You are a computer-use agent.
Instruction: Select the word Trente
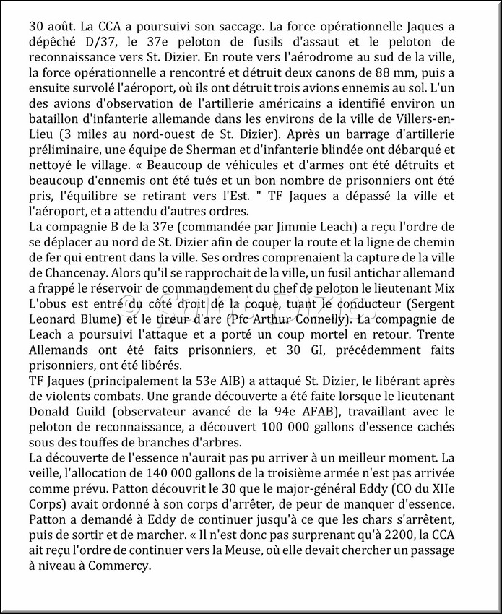click(x=451, y=340)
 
